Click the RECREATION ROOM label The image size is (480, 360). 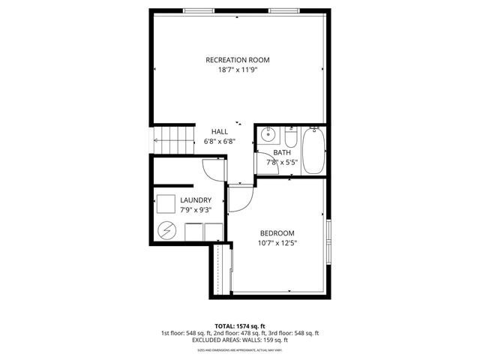click(x=237, y=60)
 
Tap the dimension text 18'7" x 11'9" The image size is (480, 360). click(x=237, y=70)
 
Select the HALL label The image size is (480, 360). click(x=219, y=131)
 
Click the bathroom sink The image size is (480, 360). click(x=268, y=136)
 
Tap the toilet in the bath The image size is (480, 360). click(x=291, y=137)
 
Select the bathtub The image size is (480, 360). click(x=313, y=150)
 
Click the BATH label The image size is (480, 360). click(x=281, y=152)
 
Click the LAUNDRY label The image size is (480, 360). click(x=196, y=200)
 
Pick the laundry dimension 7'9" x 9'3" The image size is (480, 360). click(x=196, y=210)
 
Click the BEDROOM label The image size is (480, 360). click(x=277, y=232)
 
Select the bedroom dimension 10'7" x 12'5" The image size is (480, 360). click(x=277, y=242)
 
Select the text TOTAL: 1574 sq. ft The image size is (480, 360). click(x=240, y=325)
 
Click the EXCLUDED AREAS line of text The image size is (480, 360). click(x=240, y=340)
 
